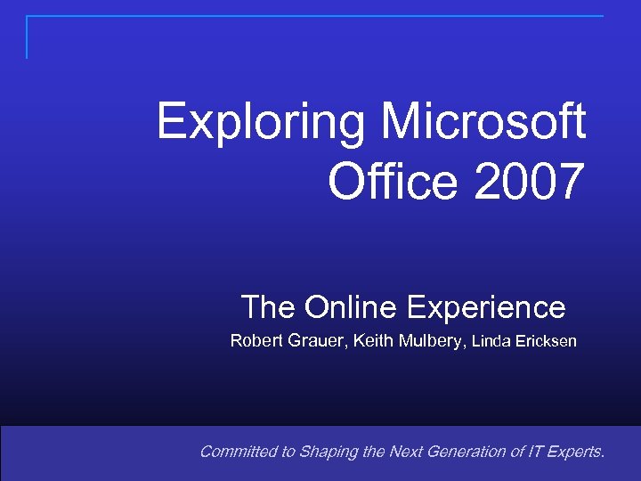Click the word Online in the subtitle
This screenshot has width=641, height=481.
[x=352, y=308]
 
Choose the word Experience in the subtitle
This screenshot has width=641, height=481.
[x=486, y=308]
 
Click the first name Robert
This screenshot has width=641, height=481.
[x=256, y=340]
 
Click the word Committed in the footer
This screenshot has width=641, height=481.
[x=237, y=452]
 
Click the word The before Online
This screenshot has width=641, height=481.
[x=269, y=308]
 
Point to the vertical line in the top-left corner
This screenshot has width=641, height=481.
[x=27, y=37]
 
